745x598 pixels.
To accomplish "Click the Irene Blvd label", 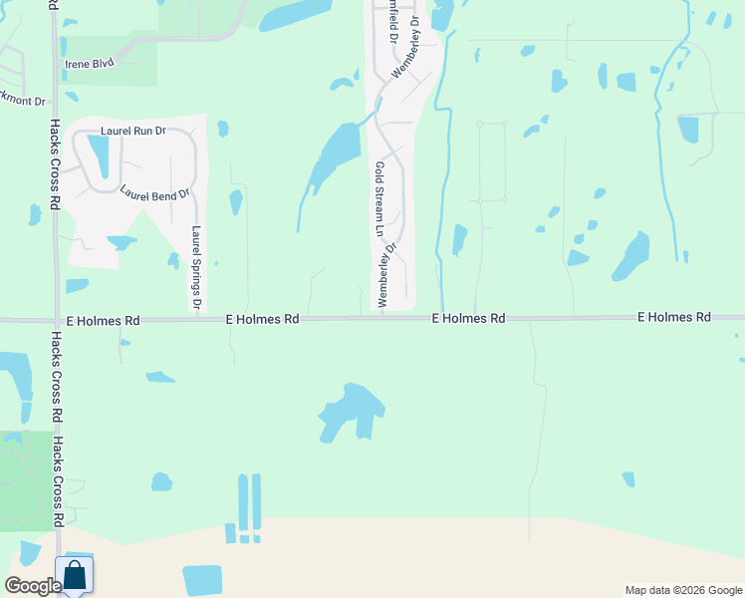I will [90, 62].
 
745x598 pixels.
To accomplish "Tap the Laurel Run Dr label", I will [132, 132].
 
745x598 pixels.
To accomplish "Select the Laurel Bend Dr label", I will [154, 193].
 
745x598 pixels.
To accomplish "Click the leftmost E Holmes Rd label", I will [103, 321].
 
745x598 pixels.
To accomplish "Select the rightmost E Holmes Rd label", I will [674, 317].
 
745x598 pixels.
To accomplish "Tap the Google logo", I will [33, 586].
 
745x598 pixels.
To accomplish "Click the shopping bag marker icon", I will [74, 575].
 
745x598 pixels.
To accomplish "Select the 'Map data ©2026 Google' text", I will [682, 590].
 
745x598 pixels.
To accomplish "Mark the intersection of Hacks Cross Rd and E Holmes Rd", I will [56, 321].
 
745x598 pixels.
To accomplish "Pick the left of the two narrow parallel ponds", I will [242, 502].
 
